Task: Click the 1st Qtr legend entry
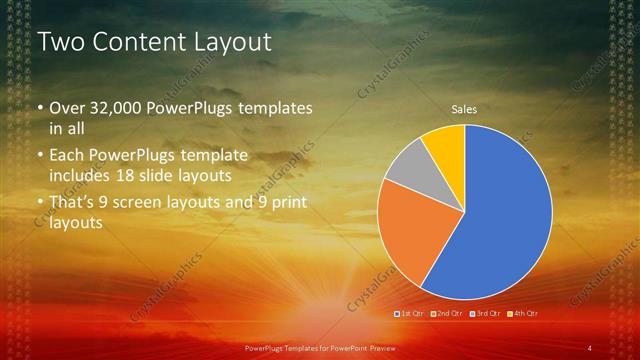[412, 313]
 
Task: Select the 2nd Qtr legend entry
[449, 313]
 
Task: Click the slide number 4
[590, 347]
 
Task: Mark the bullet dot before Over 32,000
[40, 109]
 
